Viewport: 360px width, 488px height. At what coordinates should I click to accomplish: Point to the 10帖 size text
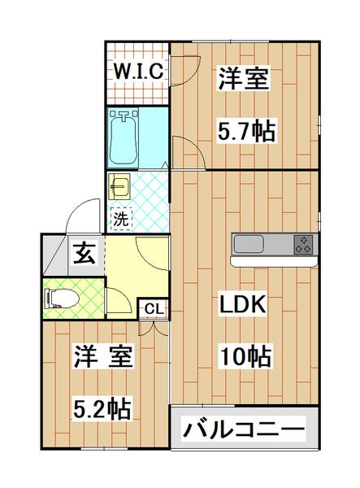pyautogui.click(x=243, y=355)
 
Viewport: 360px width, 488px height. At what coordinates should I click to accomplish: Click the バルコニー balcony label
pyautogui.click(x=243, y=428)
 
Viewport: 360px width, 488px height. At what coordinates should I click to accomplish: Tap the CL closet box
pyautogui.click(x=154, y=308)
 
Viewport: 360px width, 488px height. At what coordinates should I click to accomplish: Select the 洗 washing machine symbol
pyautogui.click(x=119, y=218)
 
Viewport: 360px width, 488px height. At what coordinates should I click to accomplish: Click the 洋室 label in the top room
pyautogui.click(x=243, y=81)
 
